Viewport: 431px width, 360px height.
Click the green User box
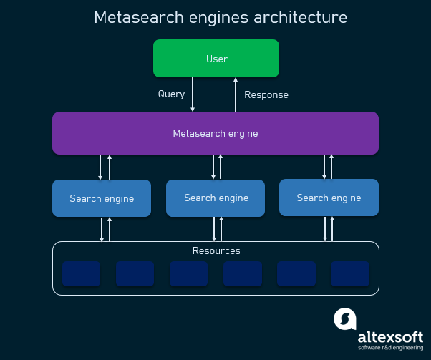tap(215, 58)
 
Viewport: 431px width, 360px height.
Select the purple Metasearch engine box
tap(215, 133)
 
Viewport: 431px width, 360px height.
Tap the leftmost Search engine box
tap(102, 198)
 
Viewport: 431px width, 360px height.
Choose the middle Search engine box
tap(215, 198)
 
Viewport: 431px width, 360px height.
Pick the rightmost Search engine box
tap(329, 198)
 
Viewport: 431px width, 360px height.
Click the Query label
tap(171, 94)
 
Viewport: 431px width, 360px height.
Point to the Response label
tap(266, 94)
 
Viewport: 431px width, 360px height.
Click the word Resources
tap(216, 251)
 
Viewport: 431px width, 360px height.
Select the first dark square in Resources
tap(81, 273)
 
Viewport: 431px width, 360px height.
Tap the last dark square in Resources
tap(350, 273)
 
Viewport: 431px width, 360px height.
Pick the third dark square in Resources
tap(188, 273)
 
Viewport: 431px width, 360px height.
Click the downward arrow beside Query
tap(193, 94)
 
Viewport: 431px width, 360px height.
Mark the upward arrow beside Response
tap(236, 94)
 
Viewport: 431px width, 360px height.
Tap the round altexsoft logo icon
tap(344, 318)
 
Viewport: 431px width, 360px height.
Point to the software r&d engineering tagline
tap(389, 349)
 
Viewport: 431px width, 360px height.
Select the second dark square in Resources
tap(135, 273)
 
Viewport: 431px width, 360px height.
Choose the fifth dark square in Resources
tap(296, 273)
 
